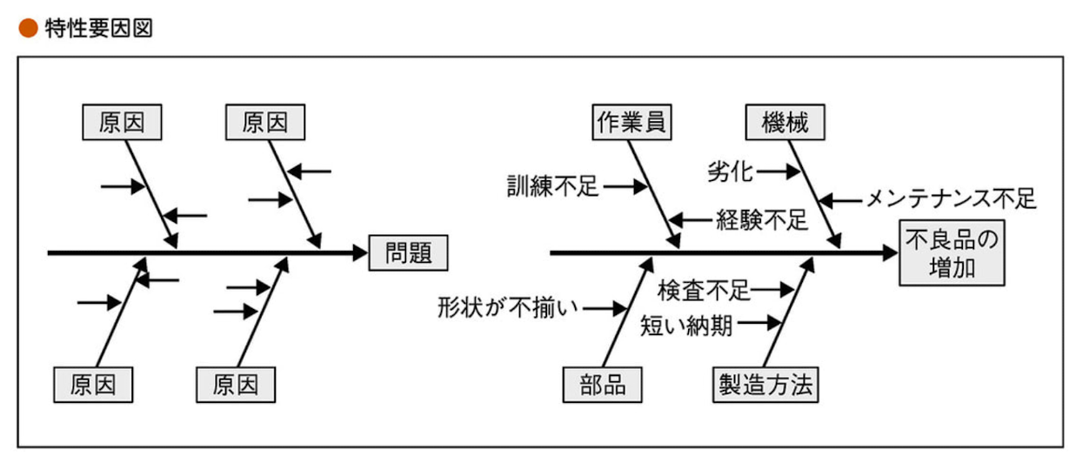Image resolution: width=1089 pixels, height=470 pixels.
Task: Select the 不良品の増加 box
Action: click(952, 253)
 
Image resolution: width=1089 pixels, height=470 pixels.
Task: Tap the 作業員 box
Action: click(631, 123)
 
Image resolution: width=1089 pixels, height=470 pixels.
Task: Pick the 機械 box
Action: click(785, 123)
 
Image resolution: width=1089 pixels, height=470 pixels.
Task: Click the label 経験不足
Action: click(762, 219)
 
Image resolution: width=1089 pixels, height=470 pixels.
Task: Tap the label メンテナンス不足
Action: click(950, 200)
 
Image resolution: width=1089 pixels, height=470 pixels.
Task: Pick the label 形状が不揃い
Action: click(508, 307)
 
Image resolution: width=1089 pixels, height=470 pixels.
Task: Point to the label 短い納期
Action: click(686, 326)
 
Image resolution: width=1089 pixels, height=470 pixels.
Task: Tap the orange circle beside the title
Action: click(29, 29)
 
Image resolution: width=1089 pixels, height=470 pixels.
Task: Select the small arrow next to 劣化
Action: click(778, 171)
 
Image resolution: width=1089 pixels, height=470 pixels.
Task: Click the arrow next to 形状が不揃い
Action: click(606, 307)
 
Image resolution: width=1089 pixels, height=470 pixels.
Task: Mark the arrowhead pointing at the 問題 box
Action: click(360, 253)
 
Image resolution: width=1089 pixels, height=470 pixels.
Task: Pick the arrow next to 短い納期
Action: click(760, 324)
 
